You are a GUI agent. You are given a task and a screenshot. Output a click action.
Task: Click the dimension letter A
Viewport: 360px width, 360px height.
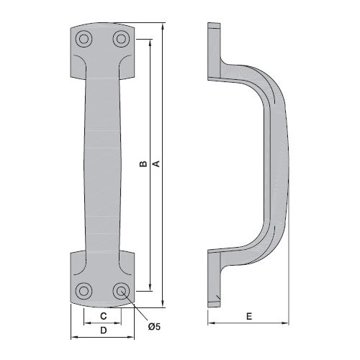(x=156, y=163)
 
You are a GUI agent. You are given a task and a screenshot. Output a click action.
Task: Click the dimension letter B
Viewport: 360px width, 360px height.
(x=143, y=163)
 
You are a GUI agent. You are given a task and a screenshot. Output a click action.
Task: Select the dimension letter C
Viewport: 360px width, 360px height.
(x=103, y=316)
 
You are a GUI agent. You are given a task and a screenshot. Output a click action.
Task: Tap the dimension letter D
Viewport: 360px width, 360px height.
(x=103, y=330)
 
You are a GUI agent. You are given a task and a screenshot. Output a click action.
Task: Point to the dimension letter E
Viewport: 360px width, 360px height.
(x=249, y=316)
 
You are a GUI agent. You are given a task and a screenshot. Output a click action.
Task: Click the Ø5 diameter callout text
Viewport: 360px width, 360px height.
(x=154, y=326)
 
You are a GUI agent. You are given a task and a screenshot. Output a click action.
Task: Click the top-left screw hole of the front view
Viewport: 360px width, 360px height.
(x=84, y=39)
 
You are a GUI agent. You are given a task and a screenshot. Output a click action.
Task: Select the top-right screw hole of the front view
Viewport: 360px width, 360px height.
(x=121, y=39)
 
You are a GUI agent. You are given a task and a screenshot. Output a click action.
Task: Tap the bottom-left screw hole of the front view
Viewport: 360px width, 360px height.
(x=84, y=291)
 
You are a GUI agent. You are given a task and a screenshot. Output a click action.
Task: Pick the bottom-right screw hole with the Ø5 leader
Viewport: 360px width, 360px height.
(x=121, y=291)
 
